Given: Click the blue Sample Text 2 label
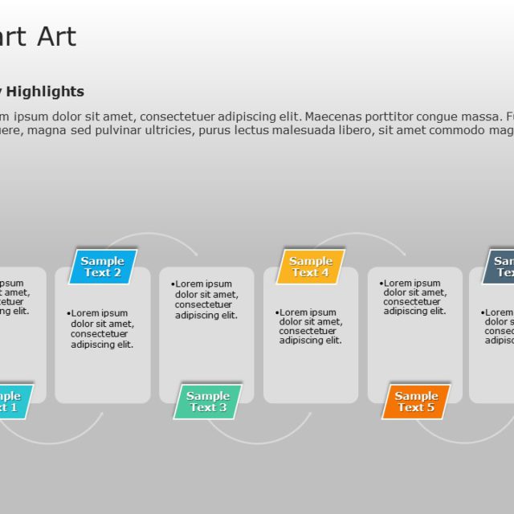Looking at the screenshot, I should [x=103, y=267].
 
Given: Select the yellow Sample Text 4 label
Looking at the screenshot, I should [x=311, y=267].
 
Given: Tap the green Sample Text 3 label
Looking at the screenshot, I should [x=207, y=402].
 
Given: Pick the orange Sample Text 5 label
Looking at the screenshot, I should [x=416, y=402].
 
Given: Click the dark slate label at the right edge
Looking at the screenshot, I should [x=501, y=267].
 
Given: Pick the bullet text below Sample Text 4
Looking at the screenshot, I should [x=311, y=326].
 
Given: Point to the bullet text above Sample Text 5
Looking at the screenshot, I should [x=414, y=297].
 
